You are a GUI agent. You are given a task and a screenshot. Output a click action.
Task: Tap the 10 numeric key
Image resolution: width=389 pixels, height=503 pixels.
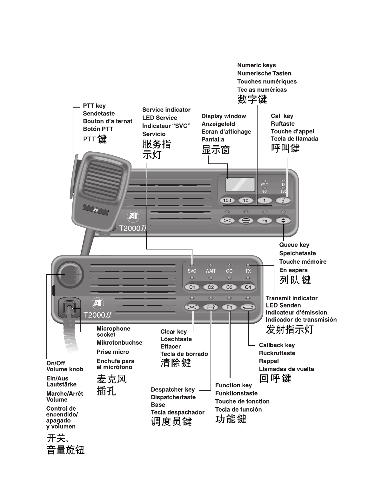246,200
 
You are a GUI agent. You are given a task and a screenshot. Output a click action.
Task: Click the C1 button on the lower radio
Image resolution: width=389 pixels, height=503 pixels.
192,287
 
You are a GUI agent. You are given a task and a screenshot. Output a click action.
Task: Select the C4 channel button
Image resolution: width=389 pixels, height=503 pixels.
248,287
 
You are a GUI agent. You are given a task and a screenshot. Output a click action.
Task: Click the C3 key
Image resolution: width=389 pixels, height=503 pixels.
229,287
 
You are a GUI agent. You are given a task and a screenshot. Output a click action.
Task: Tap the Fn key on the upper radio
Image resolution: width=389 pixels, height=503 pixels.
265,221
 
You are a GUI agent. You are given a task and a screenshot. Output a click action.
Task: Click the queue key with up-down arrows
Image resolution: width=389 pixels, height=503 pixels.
283,221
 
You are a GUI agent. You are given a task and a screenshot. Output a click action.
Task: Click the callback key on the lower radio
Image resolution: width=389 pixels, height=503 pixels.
248,307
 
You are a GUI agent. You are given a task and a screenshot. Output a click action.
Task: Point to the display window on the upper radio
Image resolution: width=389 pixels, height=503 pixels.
240,185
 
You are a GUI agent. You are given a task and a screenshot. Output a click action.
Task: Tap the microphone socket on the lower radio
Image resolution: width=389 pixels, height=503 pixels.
69,308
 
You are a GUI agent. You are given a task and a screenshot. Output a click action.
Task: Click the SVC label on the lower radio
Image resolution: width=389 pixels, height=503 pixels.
192,271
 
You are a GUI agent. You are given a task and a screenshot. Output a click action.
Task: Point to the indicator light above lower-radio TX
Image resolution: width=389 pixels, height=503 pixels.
248,265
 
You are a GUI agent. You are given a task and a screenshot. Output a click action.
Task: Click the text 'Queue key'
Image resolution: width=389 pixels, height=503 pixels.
294,245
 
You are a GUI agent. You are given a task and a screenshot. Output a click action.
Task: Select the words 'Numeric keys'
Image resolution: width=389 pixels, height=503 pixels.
257,65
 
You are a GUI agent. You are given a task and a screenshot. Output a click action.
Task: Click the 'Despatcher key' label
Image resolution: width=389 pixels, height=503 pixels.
173,389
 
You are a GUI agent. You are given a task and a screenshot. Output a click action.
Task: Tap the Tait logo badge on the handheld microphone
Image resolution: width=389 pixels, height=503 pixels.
95,210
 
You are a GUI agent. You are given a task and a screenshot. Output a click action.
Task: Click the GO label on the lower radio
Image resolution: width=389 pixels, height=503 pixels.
229,271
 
